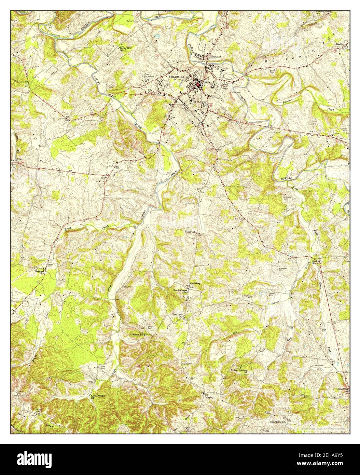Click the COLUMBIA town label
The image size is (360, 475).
coord(177,77)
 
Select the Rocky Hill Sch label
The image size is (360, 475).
coord(125,49)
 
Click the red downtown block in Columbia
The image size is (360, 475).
coord(197,83)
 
